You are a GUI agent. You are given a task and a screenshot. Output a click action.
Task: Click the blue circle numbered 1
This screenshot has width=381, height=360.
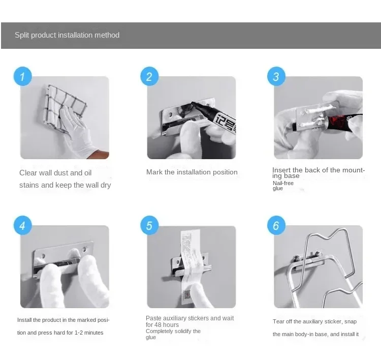tap(22, 76)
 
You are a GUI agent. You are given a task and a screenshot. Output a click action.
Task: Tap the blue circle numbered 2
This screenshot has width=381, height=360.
tap(149, 76)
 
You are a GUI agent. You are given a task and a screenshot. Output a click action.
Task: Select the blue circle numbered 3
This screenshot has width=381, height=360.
tap(276, 76)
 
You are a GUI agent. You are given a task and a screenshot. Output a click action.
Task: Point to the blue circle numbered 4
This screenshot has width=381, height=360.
tap(22, 225)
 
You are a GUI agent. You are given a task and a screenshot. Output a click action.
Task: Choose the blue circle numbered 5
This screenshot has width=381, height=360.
tap(149, 225)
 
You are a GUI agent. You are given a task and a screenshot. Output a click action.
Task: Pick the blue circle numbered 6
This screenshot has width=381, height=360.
tap(276, 225)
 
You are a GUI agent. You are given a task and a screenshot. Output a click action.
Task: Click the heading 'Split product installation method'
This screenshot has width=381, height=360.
tap(67, 35)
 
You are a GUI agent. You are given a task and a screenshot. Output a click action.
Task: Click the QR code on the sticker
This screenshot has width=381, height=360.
tap(187, 294)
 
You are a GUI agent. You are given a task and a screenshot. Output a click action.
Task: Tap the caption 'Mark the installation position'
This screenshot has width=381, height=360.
tap(192, 172)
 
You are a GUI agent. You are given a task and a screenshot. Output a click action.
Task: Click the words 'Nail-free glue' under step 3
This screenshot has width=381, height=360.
tap(283, 186)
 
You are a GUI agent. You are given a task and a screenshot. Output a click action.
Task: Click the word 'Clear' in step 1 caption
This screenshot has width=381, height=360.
tap(28, 173)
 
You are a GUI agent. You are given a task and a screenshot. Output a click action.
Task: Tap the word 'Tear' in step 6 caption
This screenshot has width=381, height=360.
tap(278, 321)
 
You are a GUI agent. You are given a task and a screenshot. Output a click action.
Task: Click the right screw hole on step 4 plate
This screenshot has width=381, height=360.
tap(85, 249)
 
